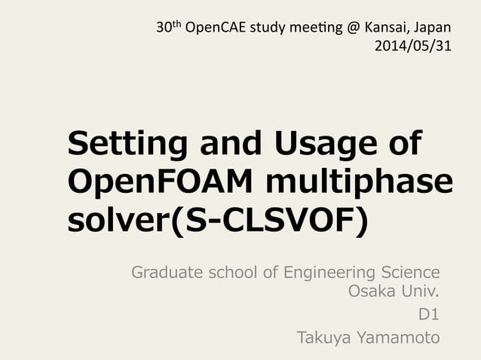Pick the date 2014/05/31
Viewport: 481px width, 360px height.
tap(412, 45)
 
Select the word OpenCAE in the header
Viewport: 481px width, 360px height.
tap(216, 29)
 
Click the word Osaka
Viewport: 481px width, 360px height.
tap(373, 291)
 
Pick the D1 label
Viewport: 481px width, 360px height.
tap(429, 315)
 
